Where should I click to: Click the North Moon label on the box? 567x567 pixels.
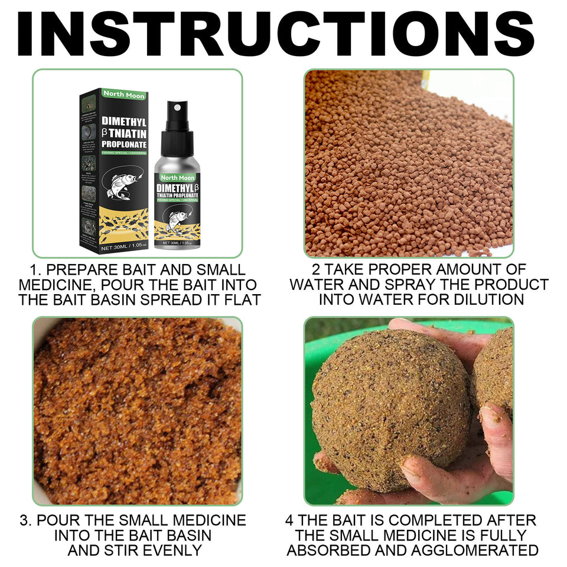(123, 93)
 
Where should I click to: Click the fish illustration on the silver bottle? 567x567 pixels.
(177, 220)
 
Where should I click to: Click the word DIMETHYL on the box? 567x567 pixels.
(122, 121)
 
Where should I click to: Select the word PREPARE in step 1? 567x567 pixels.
(86, 270)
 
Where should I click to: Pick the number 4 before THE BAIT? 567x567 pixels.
(289, 520)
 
